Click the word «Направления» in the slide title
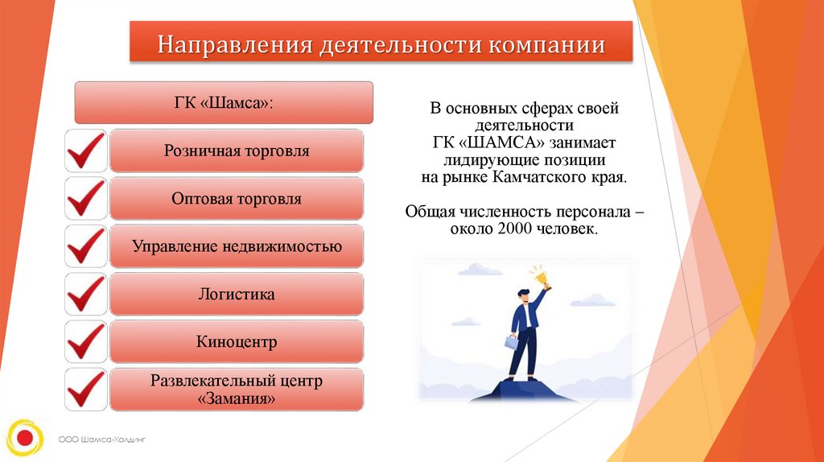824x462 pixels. coord(235,45)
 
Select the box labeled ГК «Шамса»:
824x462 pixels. coord(224,102)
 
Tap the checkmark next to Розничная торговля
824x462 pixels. coord(85,151)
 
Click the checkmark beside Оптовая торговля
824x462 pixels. coord(85,199)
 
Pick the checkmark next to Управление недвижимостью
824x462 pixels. coord(85,246)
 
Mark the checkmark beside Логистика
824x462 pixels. coord(85,295)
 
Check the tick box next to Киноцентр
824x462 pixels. coord(85,341)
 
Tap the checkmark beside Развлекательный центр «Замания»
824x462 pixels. coord(85,390)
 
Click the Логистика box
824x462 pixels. coord(237,294)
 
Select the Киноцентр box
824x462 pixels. coord(237,341)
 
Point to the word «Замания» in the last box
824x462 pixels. coord(237,398)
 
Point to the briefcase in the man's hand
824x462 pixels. coord(511,342)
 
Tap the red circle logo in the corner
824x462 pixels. coord(25,437)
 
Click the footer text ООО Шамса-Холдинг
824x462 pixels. coord(102,439)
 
